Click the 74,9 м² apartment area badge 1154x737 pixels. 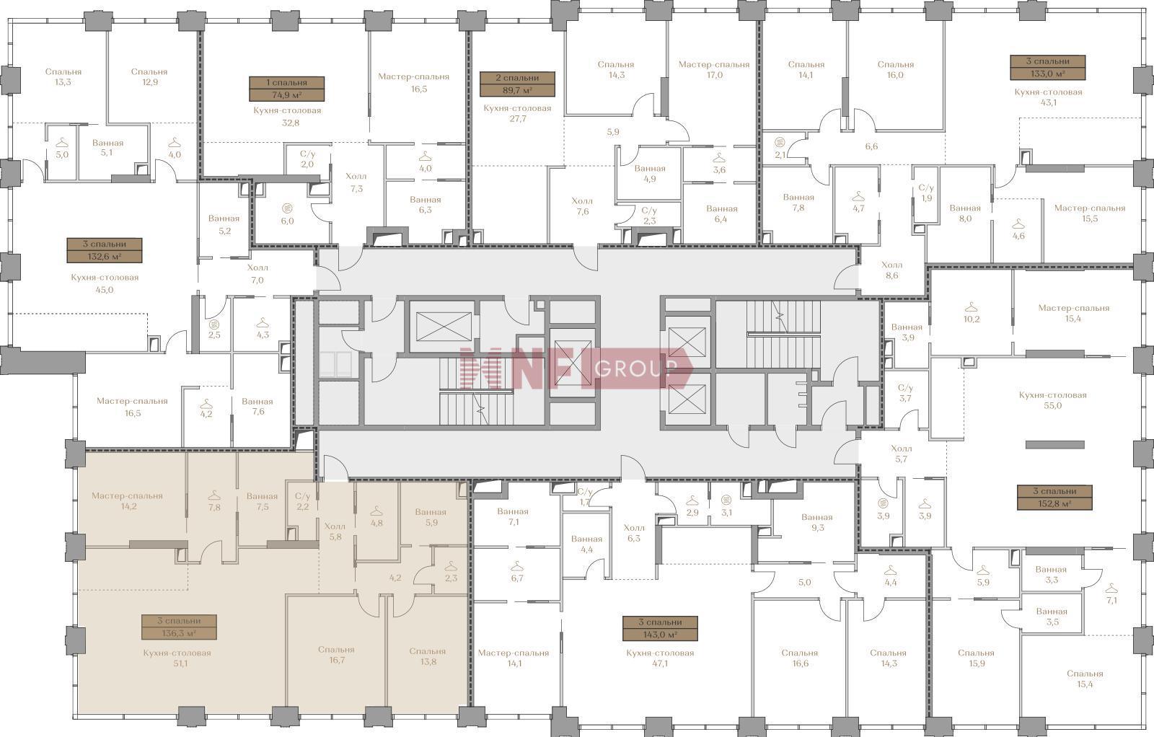[287, 89]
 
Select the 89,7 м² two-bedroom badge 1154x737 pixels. [517, 84]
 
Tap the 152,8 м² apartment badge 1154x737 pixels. [1054, 498]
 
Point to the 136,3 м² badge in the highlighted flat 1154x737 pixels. [179, 627]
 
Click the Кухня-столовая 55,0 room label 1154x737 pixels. [1052, 400]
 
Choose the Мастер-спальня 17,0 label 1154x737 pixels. [713, 69]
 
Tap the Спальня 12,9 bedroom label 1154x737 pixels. [149, 76]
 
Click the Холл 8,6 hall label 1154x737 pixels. [891, 270]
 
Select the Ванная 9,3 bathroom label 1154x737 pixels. [817, 522]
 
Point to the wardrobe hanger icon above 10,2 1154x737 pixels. [971, 307]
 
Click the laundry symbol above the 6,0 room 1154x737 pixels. [288, 208]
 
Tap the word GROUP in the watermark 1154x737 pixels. [635, 368]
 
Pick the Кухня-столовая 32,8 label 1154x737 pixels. [287, 116]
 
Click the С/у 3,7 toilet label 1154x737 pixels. [905, 393]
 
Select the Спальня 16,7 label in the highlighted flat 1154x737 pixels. [336, 655]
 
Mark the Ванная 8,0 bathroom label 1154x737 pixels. [965, 213]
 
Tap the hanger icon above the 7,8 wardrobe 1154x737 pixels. [214, 495]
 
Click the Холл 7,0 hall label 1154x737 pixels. [257, 274]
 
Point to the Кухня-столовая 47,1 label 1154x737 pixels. [660, 658]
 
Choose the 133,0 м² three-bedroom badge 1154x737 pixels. [1048, 68]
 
